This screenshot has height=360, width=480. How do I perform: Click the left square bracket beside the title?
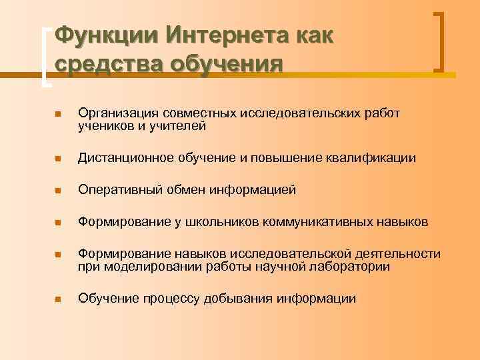[45, 57]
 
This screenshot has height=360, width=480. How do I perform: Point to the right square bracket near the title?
[439, 41]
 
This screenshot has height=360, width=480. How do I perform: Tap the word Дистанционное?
[125, 158]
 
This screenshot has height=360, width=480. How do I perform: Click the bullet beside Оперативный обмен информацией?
[58, 191]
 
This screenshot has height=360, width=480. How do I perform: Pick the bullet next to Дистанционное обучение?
[58, 159]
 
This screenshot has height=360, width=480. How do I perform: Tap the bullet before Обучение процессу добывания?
[58, 299]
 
